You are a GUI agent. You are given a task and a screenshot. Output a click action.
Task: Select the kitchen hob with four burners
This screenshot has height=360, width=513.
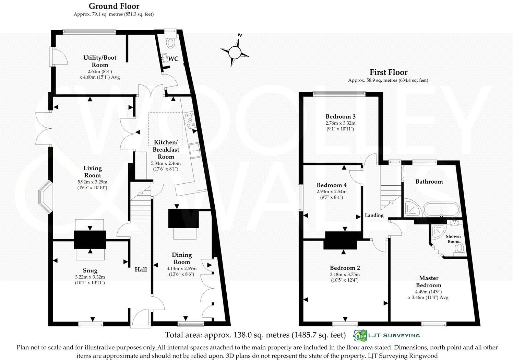point(190,120)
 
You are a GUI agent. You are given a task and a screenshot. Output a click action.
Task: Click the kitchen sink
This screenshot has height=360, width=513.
point(195,151)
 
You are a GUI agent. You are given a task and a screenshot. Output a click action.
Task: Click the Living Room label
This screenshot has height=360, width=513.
point(92,172)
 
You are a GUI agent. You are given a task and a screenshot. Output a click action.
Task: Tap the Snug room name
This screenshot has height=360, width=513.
point(90,271)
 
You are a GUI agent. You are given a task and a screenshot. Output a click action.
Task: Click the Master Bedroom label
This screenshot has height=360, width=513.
point(429,282)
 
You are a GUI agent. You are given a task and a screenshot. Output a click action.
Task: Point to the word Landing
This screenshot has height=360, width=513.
point(374,215)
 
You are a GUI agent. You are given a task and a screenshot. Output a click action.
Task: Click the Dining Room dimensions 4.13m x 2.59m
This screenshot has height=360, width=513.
point(182,269)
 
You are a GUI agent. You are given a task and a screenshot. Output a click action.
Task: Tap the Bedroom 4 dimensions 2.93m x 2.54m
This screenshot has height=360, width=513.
point(332,191)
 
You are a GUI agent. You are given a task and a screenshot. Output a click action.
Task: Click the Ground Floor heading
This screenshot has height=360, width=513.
point(114,6)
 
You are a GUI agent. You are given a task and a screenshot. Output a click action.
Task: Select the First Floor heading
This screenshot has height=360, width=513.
point(389,72)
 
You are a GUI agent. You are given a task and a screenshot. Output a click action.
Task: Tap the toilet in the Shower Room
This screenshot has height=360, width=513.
point(459,249)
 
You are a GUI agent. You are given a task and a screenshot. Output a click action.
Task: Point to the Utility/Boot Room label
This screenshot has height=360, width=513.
point(100,61)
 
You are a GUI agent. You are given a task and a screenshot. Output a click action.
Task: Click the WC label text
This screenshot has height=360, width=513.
point(174,59)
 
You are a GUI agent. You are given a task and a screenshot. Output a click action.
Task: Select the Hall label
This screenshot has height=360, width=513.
point(141,269)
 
